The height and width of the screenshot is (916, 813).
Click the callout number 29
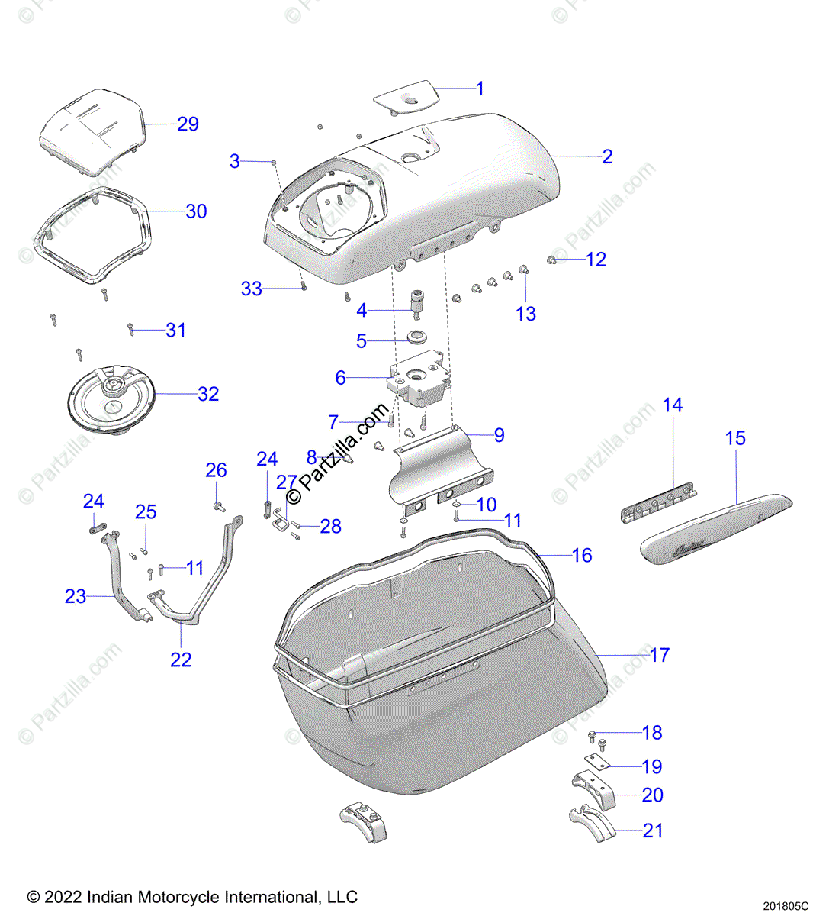point(188,124)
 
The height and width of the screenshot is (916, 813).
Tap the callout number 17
point(660,655)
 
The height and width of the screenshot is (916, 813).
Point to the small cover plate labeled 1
point(404,98)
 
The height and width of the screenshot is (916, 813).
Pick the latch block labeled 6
point(419,380)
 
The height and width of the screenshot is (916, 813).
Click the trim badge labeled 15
point(715,527)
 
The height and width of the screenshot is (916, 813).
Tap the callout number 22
point(181,659)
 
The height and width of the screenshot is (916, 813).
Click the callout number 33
point(251,289)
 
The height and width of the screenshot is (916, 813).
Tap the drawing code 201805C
point(784,906)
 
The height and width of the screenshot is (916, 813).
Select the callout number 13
point(525,314)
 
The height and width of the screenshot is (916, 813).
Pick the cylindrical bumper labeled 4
point(417,302)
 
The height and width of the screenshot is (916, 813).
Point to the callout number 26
point(216,470)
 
